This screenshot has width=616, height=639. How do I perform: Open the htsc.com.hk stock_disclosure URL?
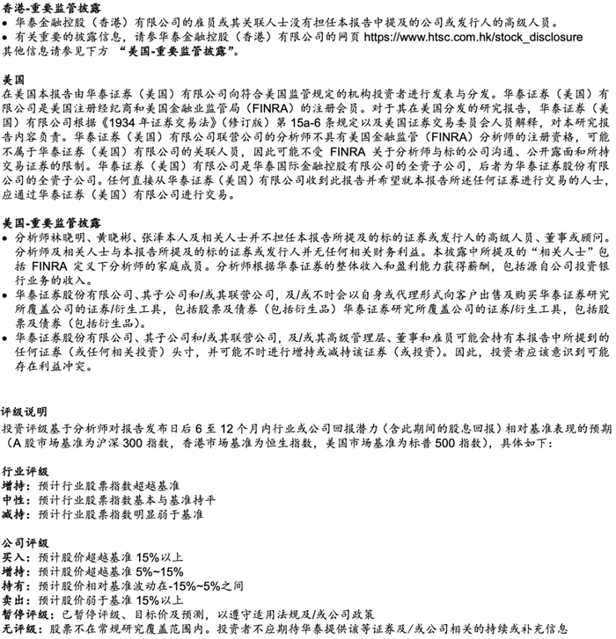coord(473,39)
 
